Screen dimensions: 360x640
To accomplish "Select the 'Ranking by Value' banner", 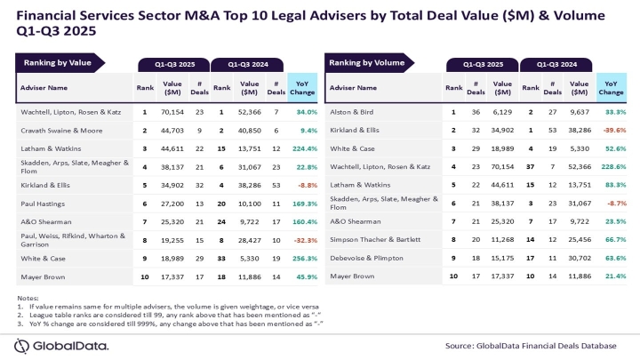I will pos(55,63).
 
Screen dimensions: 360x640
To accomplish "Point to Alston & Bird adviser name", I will pos(352,113).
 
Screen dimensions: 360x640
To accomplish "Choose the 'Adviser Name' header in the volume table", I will pos(356,89).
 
